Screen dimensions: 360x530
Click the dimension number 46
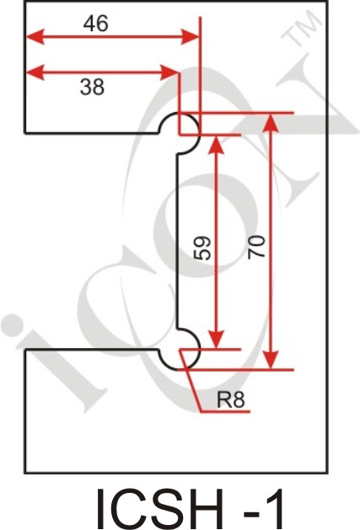coord(96,24)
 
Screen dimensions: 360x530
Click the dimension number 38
coord(92,87)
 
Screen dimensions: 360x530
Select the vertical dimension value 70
coord(256,248)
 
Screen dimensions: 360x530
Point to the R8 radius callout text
coord(230,400)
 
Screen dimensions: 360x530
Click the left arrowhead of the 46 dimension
coord(35,37)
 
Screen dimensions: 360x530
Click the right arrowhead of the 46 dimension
coord(190,37)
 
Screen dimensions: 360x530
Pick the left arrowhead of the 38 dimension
coord(35,72)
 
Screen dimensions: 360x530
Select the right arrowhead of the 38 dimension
coord(169,72)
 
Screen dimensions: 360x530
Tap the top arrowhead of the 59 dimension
coord(216,144)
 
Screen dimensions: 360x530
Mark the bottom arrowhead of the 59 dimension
coord(216,339)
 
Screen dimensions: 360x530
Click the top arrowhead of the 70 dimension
coord(271,122)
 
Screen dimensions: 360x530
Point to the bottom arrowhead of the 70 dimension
coord(271,360)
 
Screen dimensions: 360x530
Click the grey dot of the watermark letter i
coord(13,325)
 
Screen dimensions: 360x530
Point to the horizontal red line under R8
coord(225,412)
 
